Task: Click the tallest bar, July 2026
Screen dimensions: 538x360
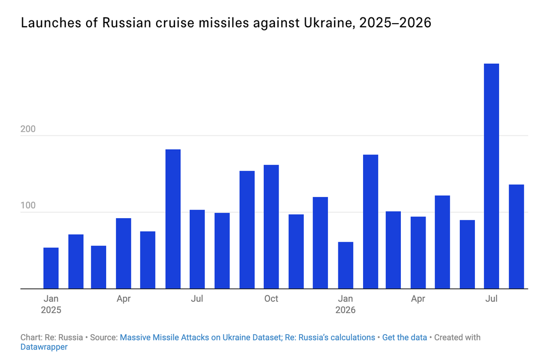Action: (491, 176)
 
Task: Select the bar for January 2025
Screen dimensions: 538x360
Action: (51, 268)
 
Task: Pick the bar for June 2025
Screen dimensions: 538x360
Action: (173, 219)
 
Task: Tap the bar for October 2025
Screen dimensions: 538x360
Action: (271, 227)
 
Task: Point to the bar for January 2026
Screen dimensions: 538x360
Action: (346, 265)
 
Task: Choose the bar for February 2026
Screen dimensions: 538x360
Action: (370, 222)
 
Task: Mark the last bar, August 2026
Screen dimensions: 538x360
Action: (516, 236)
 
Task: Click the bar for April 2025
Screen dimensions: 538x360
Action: (123, 253)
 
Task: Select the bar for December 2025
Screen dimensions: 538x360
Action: (320, 243)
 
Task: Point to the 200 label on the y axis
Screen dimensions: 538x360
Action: (28, 129)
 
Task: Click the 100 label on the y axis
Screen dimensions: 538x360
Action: (28, 205)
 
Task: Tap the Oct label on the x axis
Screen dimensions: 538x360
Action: (271, 299)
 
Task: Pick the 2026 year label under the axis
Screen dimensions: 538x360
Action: (345, 310)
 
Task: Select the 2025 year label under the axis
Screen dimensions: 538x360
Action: (51, 310)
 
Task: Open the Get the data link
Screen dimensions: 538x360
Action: (405, 337)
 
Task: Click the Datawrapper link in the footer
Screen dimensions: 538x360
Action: (44, 347)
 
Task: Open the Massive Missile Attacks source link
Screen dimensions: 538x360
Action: (247, 337)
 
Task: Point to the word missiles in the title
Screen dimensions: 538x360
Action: (223, 23)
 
